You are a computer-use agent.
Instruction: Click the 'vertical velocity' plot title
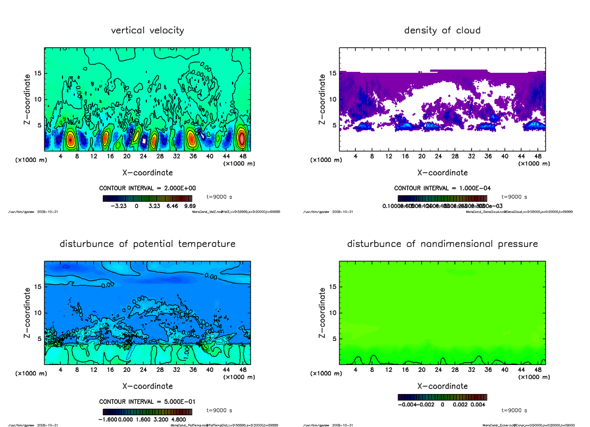(147, 30)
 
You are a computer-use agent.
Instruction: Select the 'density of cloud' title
(442, 30)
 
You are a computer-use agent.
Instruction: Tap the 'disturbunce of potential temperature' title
(147, 244)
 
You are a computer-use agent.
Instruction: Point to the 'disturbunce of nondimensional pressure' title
(442, 244)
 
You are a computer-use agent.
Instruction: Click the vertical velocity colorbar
(148, 199)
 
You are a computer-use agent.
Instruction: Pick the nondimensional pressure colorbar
(442, 397)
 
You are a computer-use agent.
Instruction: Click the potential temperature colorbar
(148, 412)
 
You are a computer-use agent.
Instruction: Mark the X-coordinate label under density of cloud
(442, 173)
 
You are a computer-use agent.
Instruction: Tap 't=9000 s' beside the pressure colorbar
(514, 410)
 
